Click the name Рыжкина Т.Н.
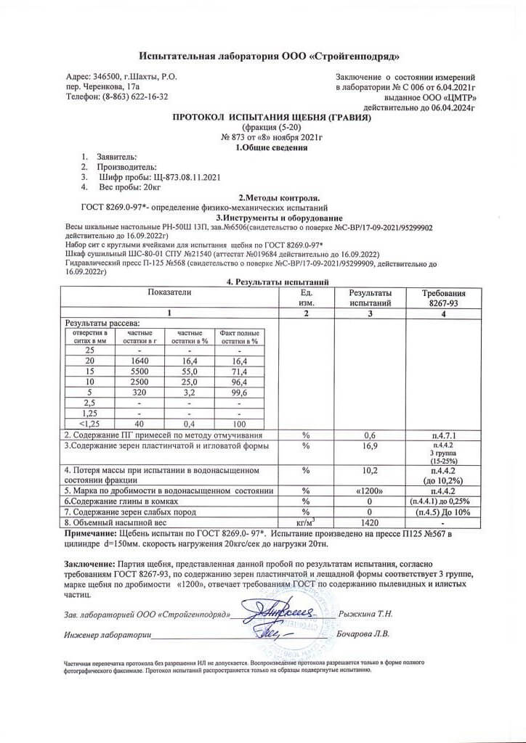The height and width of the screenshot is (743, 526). pyautogui.click(x=366, y=614)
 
